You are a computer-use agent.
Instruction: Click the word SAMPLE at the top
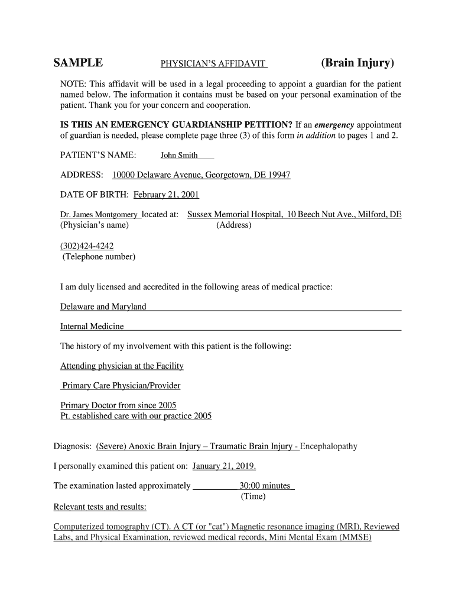78,63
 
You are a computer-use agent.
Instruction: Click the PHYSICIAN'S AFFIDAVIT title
214,64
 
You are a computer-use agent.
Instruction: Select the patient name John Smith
179,156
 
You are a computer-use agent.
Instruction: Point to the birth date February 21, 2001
166,195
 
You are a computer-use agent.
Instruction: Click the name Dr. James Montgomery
99,214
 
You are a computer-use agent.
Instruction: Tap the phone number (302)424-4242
87,246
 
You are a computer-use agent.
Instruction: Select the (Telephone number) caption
99,257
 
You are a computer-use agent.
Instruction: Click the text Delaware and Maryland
103,307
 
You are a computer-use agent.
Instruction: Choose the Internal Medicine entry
92,326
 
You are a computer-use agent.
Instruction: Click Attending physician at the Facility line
122,366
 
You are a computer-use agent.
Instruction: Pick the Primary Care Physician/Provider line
121,386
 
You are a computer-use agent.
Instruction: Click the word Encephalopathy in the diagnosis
329,446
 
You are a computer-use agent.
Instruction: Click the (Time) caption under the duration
253,497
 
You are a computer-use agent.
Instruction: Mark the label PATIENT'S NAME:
98,156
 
